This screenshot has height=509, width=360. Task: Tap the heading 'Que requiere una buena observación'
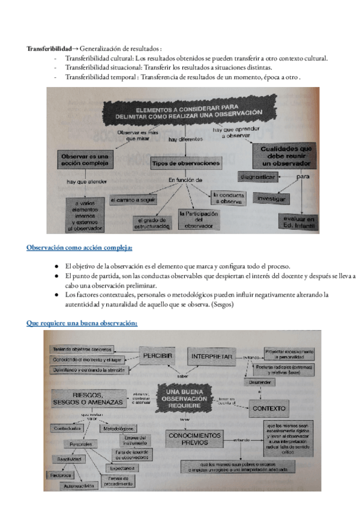tap(82, 323)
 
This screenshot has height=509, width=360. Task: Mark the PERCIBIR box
tap(158, 356)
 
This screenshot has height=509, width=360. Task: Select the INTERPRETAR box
tap(211, 356)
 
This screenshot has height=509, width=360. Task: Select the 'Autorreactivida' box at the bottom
tap(80, 486)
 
